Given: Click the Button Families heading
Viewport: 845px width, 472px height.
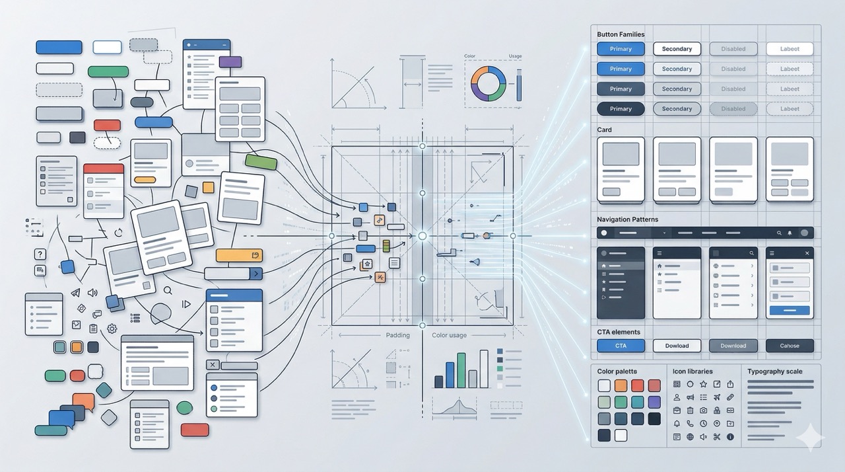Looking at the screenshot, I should tap(621, 34).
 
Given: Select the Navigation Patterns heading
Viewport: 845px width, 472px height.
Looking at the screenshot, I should tap(627, 219).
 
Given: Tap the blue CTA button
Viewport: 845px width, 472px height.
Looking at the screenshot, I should tap(621, 346).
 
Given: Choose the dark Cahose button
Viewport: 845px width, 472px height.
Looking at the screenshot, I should tap(790, 346).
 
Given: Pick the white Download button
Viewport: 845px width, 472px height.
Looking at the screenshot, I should tap(677, 346).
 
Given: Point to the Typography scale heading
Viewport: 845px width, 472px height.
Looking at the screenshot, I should tap(774, 372).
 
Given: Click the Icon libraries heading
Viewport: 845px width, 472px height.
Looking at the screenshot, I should tap(693, 372).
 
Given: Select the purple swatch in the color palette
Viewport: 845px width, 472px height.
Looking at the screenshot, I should tap(654, 402).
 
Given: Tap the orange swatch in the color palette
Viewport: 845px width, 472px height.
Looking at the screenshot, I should tap(621, 385).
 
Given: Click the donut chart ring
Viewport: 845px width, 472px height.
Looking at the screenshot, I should tap(488, 83).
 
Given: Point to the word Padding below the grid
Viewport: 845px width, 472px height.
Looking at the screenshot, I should tap(397, 335).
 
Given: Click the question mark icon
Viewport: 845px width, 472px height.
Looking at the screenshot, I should tap(40, 254).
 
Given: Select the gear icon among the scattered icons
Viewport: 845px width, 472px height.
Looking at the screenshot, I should tap(112, 329).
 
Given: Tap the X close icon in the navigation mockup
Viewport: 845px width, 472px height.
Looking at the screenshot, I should tap(807, 253).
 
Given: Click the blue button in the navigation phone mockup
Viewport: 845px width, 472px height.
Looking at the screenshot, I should tap(790, 310).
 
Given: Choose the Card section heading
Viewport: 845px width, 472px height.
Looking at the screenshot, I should tap(604, 130).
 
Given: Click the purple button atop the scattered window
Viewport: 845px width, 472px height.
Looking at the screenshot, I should tap(230, 62).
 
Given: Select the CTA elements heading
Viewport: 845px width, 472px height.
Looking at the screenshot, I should tap(618, 332).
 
